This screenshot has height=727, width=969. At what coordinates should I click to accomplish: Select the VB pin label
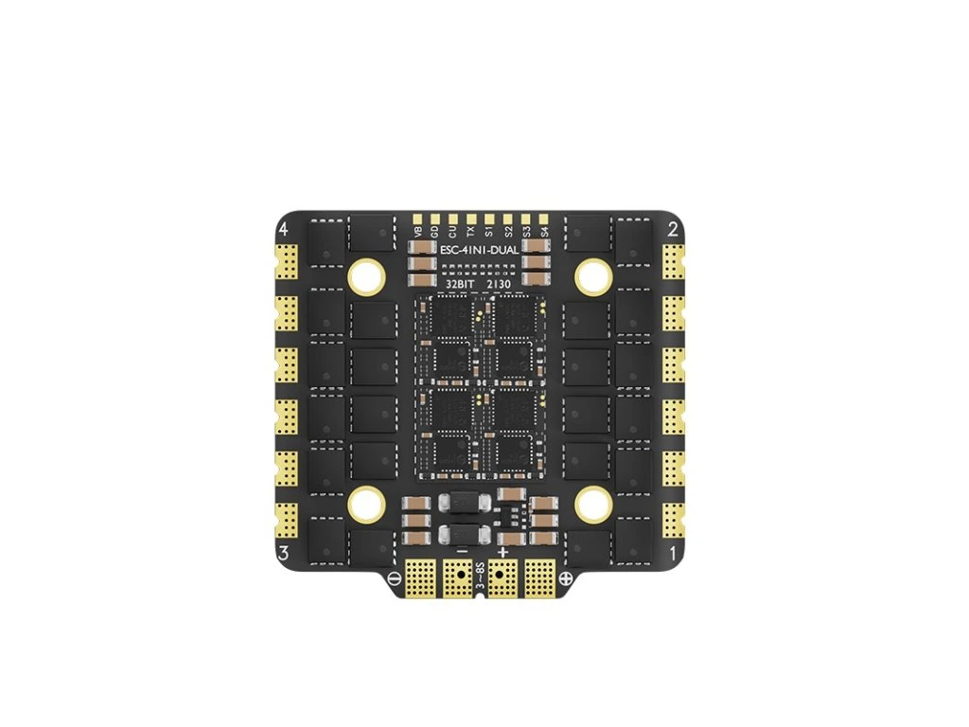pos(417,230)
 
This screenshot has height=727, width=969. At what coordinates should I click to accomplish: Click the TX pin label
pos(470,230)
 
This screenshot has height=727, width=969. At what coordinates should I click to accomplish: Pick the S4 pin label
pos(543,230)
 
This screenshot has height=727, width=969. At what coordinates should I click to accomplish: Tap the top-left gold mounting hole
pos(366,276)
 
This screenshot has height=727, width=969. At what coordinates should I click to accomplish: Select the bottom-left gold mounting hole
pos(366,504)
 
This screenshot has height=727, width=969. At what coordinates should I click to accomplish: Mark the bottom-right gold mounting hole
pos(592,504)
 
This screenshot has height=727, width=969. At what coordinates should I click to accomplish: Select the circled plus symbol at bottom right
pos(566,578)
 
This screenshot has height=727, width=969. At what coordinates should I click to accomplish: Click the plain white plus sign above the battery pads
pos(502,551)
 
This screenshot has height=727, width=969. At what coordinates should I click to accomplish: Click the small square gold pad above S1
pos(488,217)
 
